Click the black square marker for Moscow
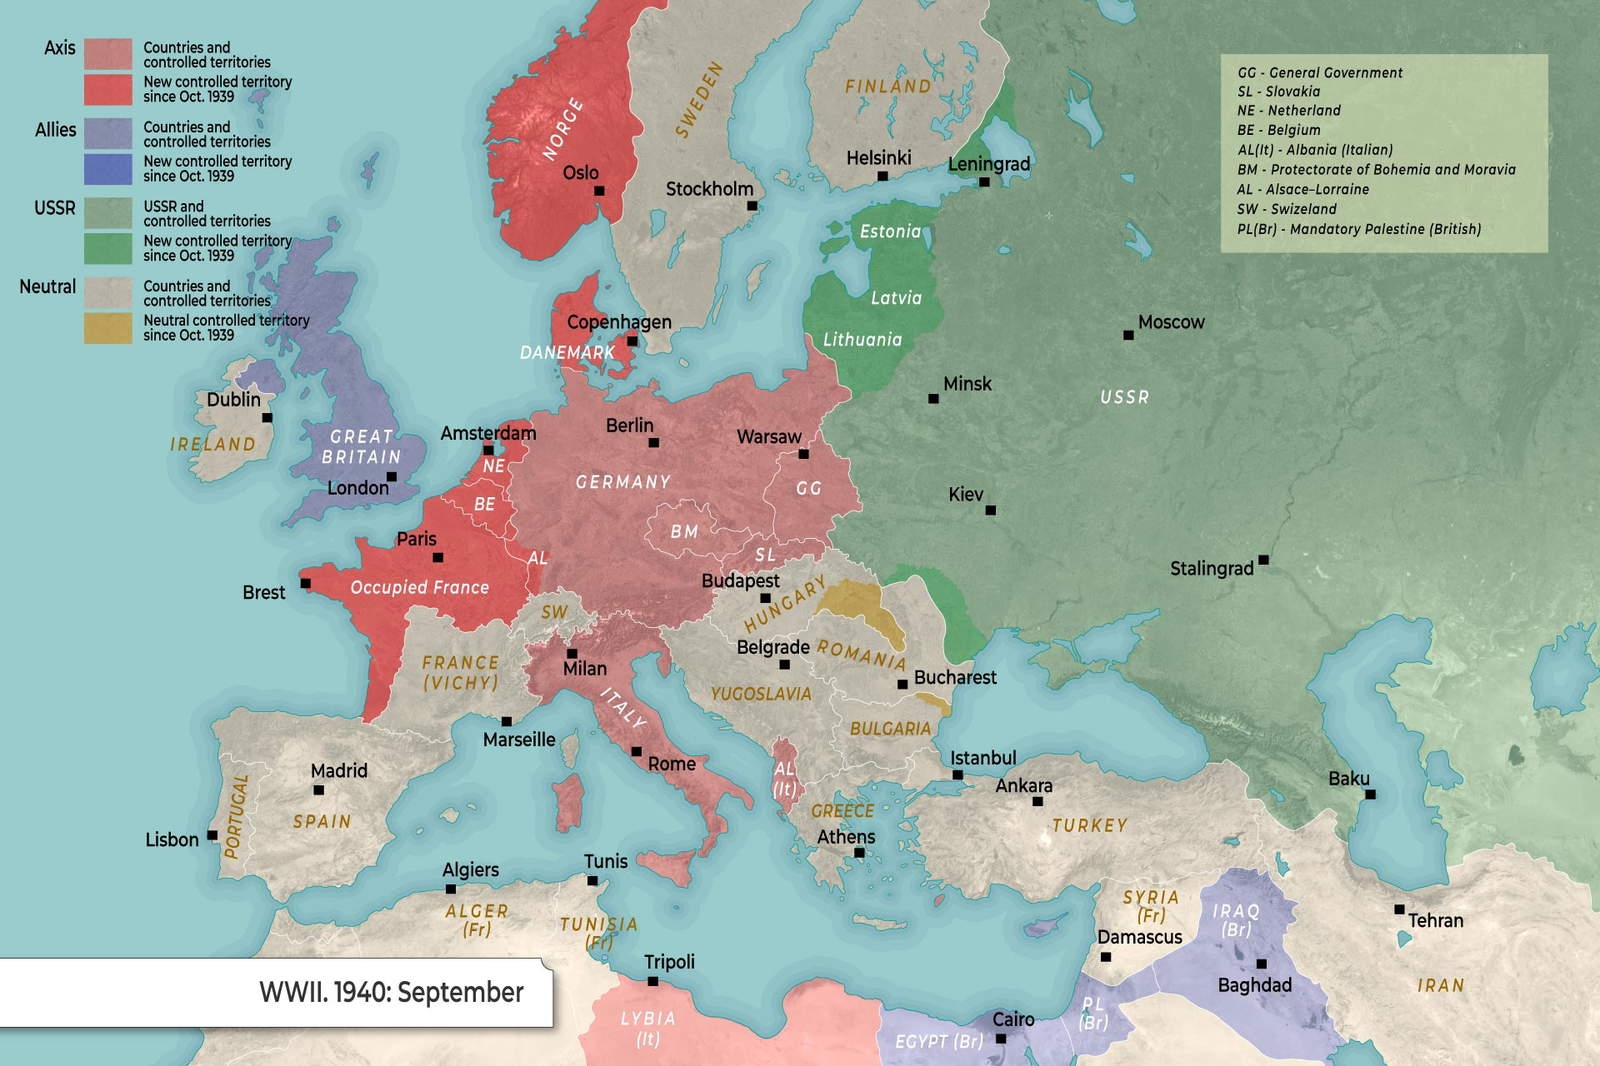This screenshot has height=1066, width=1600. click(1128, 335)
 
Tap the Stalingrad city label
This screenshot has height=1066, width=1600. click(1211, 569)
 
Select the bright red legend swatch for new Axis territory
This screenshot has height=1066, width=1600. click(108, 89)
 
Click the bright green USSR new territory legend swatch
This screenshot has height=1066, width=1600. click(108, 248)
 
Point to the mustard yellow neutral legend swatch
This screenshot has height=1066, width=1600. click(108, 328)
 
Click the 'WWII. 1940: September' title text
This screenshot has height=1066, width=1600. click(391, 992)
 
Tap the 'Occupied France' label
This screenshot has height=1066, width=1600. click(419, 587)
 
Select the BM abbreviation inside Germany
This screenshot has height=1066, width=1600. click(684, 532)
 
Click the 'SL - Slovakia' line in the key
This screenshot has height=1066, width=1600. click(1278, 91)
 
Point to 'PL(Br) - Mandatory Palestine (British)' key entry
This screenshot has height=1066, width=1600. click(1358, 229)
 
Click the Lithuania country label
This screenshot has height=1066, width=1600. click(862, 340)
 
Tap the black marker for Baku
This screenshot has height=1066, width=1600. click(1370, 794)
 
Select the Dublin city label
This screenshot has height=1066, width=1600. click(233, 399)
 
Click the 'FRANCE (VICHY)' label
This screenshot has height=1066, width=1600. click(460, 673)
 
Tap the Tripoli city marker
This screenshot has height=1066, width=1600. click(653, 981)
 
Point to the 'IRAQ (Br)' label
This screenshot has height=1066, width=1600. click(1236, 920)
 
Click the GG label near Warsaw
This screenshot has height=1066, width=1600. click(808, 488)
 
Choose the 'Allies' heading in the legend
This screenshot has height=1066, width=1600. click(55, 130)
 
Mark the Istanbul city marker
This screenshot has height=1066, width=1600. click(957, 775)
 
